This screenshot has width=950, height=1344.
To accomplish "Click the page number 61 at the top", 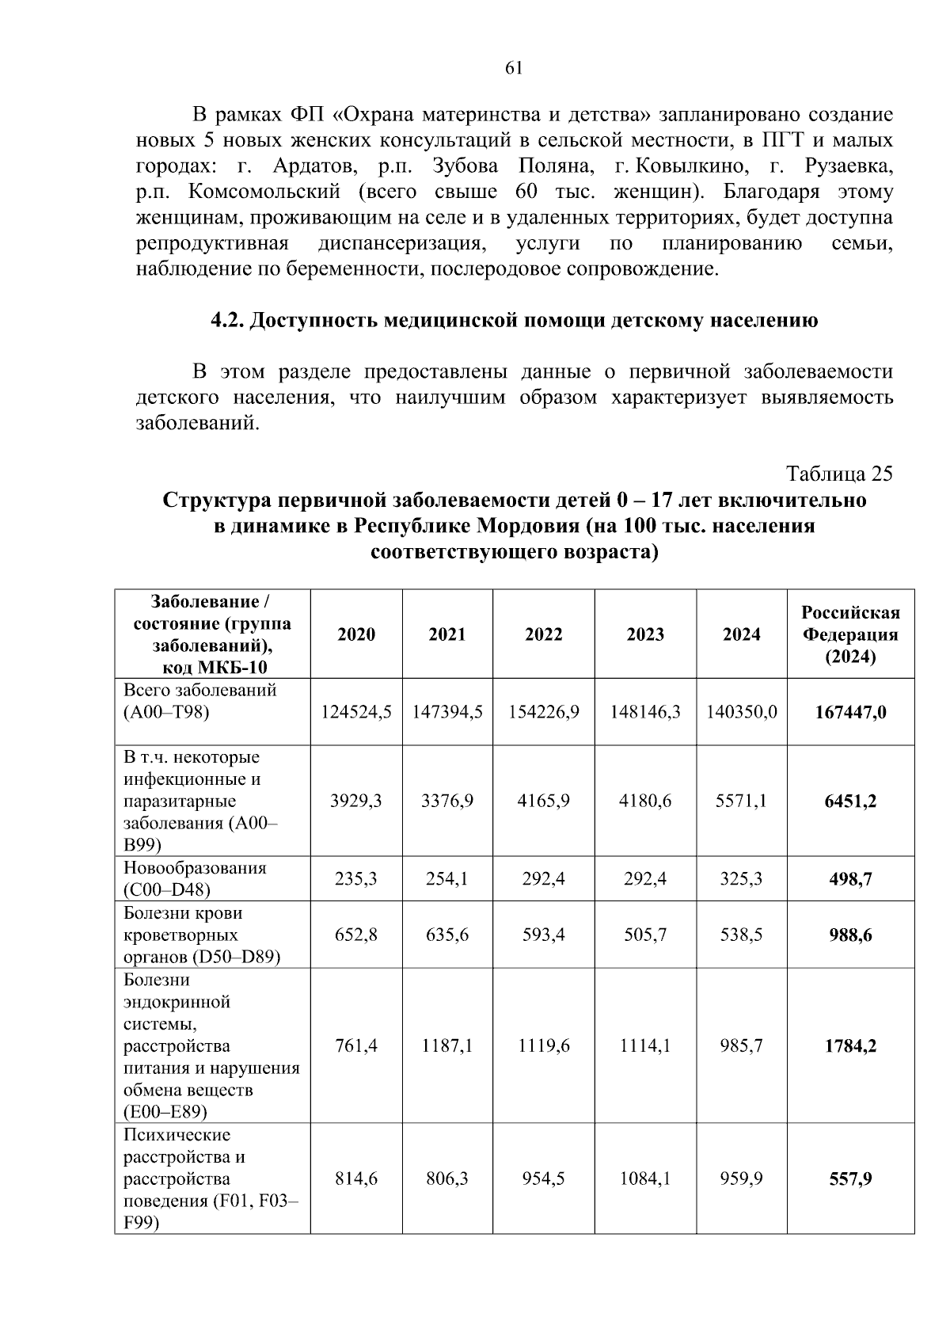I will point(513,68).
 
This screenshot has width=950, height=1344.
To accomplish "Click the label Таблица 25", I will point(838,474).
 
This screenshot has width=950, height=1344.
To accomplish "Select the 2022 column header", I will point(543,634).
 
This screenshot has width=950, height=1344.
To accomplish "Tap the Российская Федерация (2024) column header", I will point(850,634).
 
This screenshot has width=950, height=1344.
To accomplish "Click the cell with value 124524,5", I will point(356,712).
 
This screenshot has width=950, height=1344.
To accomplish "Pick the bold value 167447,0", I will point(850,712).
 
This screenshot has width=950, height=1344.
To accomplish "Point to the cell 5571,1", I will point(741,801).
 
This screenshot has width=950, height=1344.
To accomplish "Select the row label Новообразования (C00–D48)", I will point(195,878).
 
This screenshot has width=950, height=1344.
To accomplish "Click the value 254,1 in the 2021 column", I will point(447,878).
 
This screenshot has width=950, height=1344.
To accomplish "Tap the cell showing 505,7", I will point(645,935).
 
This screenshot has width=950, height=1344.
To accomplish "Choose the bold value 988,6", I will point(850,935).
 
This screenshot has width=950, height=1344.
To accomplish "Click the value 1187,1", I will point(447,1045).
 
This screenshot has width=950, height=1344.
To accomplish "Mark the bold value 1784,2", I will point(850,1045).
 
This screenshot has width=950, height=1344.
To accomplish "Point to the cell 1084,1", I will point(645,1178).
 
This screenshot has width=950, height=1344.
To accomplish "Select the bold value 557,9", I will point(850,1179).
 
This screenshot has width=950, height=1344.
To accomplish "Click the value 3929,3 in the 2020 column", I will point(356,801).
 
